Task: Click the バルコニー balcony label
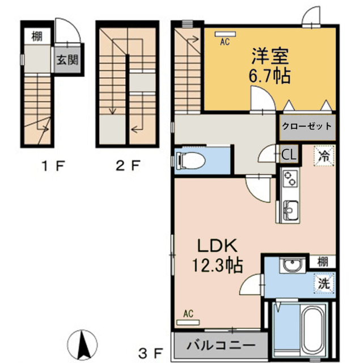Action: tap(218, 344)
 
